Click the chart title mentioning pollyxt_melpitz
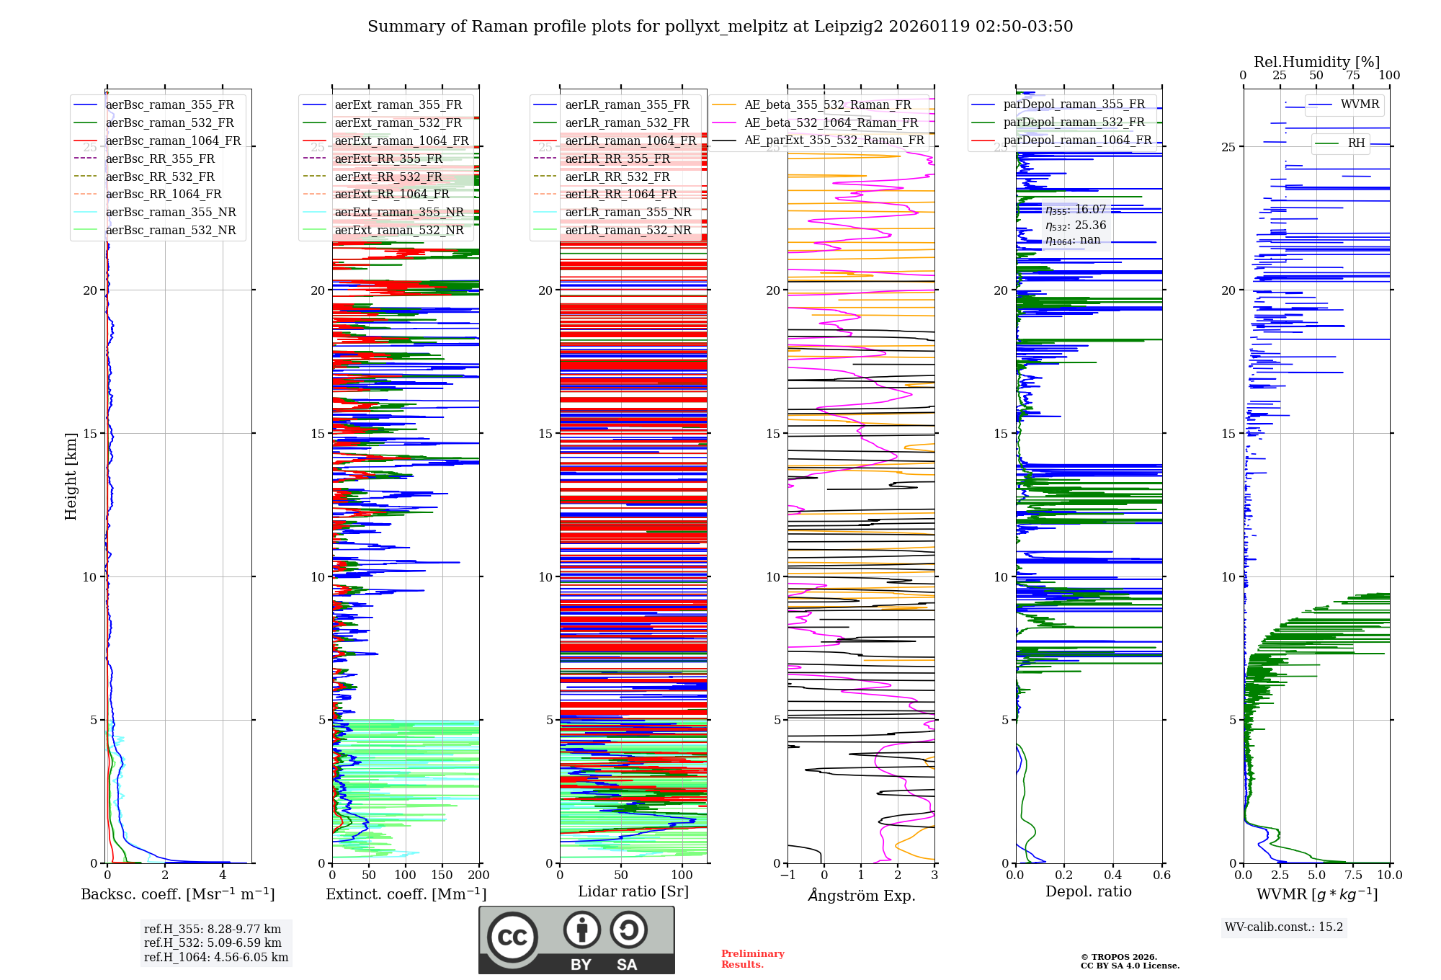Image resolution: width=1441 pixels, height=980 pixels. pos(720,27)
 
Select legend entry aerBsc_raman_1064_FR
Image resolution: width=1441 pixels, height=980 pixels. pos(173,141)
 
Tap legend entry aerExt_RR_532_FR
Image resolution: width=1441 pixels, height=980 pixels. pos(388,177)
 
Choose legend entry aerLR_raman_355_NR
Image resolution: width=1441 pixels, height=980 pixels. pos(628,212)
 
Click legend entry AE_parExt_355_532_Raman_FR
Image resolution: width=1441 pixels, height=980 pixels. pos(834,140)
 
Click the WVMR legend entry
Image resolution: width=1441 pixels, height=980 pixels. pos(1360,104)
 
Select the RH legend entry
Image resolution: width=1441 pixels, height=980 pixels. pos(1356,143)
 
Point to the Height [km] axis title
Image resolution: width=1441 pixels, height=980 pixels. pos(71,476)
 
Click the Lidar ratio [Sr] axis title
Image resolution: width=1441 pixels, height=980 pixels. pos(633,891)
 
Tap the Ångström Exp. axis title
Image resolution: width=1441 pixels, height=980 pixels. pos(861,895)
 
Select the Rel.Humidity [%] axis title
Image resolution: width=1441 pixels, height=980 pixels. pos(1316,62)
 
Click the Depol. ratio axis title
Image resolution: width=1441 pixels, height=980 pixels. pos(1088,891)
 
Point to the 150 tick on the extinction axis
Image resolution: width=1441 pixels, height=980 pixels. pos(442,876)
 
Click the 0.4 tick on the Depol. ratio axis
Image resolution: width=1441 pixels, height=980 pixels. pos(1112,876)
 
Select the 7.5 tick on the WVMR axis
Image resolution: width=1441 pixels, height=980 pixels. pos(1353,876)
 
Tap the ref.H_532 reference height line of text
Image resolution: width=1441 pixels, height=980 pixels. pos(213,943)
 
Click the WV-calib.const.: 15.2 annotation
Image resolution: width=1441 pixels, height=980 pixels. pos(1284,927)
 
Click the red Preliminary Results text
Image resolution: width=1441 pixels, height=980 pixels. pos(752,959)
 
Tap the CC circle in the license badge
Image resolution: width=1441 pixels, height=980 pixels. pos(512,937)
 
